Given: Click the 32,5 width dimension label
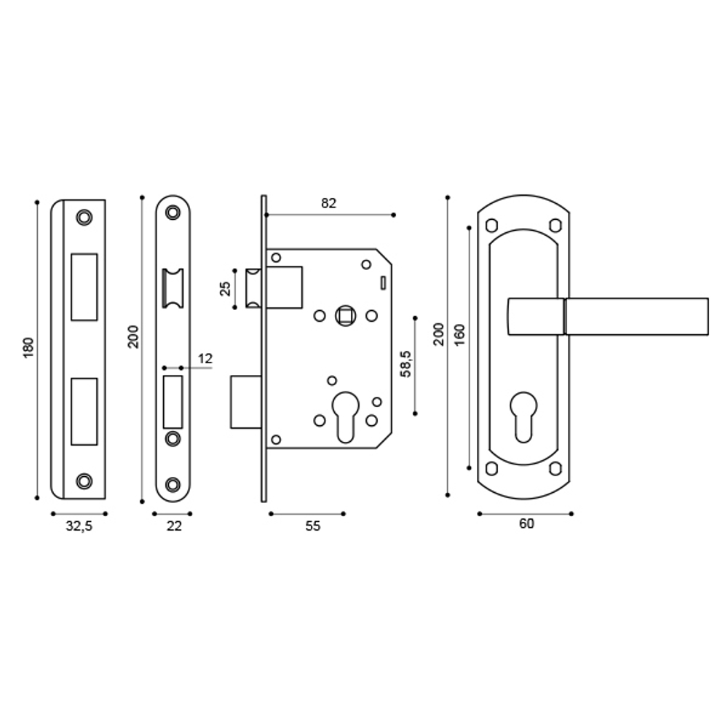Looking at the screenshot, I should pos(79,526).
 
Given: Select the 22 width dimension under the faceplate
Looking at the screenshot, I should pos(173,526).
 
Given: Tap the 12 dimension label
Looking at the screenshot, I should pos(205,358).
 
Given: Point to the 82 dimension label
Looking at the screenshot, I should pos(329,204).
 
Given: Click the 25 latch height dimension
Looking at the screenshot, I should pos(226,288).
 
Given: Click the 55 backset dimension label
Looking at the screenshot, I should pos(312,526).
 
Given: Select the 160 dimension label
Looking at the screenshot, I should pos(459,336).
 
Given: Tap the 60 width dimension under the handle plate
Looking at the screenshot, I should pos(527,524).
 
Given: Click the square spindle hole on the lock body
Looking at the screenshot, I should pos(344,316).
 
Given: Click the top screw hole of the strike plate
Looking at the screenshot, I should pos(85,217).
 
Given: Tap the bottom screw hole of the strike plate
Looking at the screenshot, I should pos(85,480).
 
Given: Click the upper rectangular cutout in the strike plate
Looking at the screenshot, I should pos(84,286).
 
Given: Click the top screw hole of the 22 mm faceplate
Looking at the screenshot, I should pos(173,213).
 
